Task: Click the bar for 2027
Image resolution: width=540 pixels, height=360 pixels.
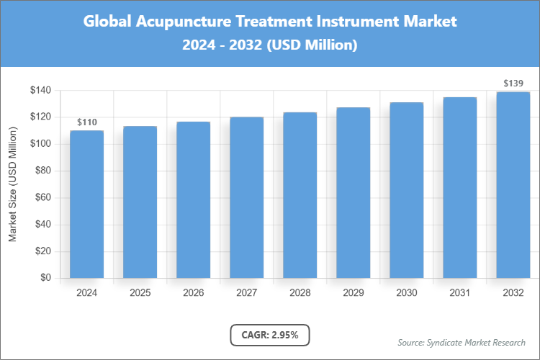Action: [246, 197]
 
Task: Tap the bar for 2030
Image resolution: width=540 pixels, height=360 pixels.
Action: [406, 190]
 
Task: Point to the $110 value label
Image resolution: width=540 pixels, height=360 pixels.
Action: [86, 122]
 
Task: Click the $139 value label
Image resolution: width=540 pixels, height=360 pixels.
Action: [513, 84]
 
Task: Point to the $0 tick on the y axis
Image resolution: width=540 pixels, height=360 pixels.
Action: [45, 278]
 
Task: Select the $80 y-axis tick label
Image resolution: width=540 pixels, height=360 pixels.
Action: [42, 171]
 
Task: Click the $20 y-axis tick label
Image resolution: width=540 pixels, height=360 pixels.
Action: [42, 251]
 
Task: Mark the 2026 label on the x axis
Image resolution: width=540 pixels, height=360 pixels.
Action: [193, 293]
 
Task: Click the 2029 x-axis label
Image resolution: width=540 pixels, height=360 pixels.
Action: [353, 293]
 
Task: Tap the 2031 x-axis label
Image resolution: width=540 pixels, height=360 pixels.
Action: [459, 293]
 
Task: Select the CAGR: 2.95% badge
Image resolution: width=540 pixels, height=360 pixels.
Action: [269, 335]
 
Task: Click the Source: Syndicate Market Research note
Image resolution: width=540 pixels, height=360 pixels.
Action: [462, 342]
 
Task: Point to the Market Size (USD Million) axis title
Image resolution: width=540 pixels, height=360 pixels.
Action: [13, 184]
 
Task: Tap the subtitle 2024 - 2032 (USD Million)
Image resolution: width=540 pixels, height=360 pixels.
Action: [270, 45]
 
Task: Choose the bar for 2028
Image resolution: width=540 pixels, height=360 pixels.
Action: [300, 195]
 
